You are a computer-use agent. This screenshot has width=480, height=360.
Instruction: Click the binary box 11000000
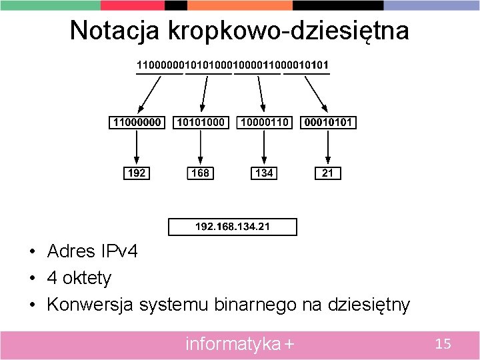click(x=137, y=123)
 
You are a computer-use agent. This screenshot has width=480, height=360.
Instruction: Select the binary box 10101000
click(x=201, y=123)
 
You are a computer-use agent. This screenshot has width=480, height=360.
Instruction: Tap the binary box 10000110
click(x=265, y=123)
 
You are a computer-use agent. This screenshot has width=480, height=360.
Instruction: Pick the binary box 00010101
click(x=328, y=123)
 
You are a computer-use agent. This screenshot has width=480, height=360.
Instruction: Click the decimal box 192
click(x=137, y=173)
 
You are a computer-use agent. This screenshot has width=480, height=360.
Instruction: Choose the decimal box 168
click(x=200, y=173)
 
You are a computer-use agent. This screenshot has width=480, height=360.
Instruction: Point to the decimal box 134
click(x=264, y=173)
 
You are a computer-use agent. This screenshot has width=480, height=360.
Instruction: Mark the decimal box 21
click(x=328, y=173)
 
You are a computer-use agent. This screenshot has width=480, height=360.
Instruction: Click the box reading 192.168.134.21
click(x=233, y=227)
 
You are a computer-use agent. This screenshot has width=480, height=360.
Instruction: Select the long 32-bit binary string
click(x=233, y=65)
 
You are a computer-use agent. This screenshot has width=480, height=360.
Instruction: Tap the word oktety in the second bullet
click(x=88, y=278)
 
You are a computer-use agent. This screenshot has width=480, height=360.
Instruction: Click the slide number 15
click(x=443, y=344)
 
